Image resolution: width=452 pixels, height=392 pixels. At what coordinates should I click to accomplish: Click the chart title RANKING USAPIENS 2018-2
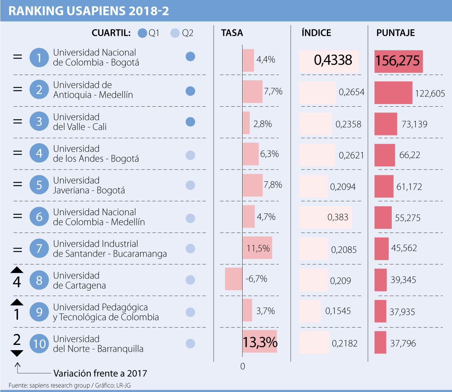pos(89,11)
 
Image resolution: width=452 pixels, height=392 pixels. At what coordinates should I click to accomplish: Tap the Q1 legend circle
pos(142,33)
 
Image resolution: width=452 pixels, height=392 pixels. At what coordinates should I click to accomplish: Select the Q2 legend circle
pos(175,33)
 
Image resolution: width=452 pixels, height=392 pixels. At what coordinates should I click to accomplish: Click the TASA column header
pos(232,33)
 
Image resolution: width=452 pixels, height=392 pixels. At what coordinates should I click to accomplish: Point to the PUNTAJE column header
pos(395,33)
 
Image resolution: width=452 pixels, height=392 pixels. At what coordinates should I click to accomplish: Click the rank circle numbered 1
pos(39,58)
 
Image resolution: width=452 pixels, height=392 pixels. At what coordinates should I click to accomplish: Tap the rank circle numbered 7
pos(39,248)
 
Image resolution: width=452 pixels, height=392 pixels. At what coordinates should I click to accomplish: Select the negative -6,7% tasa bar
pos(234,279)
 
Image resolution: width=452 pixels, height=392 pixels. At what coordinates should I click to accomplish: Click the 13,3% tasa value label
pos(260,342)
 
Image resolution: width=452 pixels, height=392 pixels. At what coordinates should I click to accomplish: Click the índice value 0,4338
pos(333,60)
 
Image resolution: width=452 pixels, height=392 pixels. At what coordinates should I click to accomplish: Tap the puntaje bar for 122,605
pos(393,93)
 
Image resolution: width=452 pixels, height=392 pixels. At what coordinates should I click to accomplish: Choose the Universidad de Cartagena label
pos(79,280)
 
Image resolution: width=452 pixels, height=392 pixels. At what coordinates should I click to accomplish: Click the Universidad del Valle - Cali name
pos(79,122)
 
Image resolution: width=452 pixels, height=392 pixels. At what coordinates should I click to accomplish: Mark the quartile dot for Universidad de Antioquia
pos(191,91)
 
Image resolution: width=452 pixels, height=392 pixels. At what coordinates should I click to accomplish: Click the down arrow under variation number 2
pos(17,353)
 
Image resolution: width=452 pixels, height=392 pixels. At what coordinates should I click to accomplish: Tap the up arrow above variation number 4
pos(17,270)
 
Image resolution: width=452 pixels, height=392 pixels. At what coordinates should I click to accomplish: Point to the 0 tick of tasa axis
pos(243,366)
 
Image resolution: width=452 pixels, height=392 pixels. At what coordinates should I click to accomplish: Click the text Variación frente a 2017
pos(100,374)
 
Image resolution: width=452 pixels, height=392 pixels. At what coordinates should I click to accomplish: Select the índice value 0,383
pos(338,217)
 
